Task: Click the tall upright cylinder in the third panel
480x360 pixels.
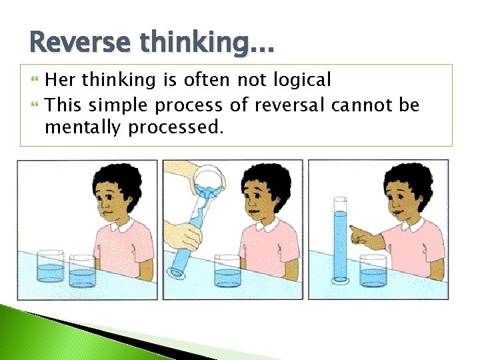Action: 340,240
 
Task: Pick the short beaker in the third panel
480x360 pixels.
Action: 373,272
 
